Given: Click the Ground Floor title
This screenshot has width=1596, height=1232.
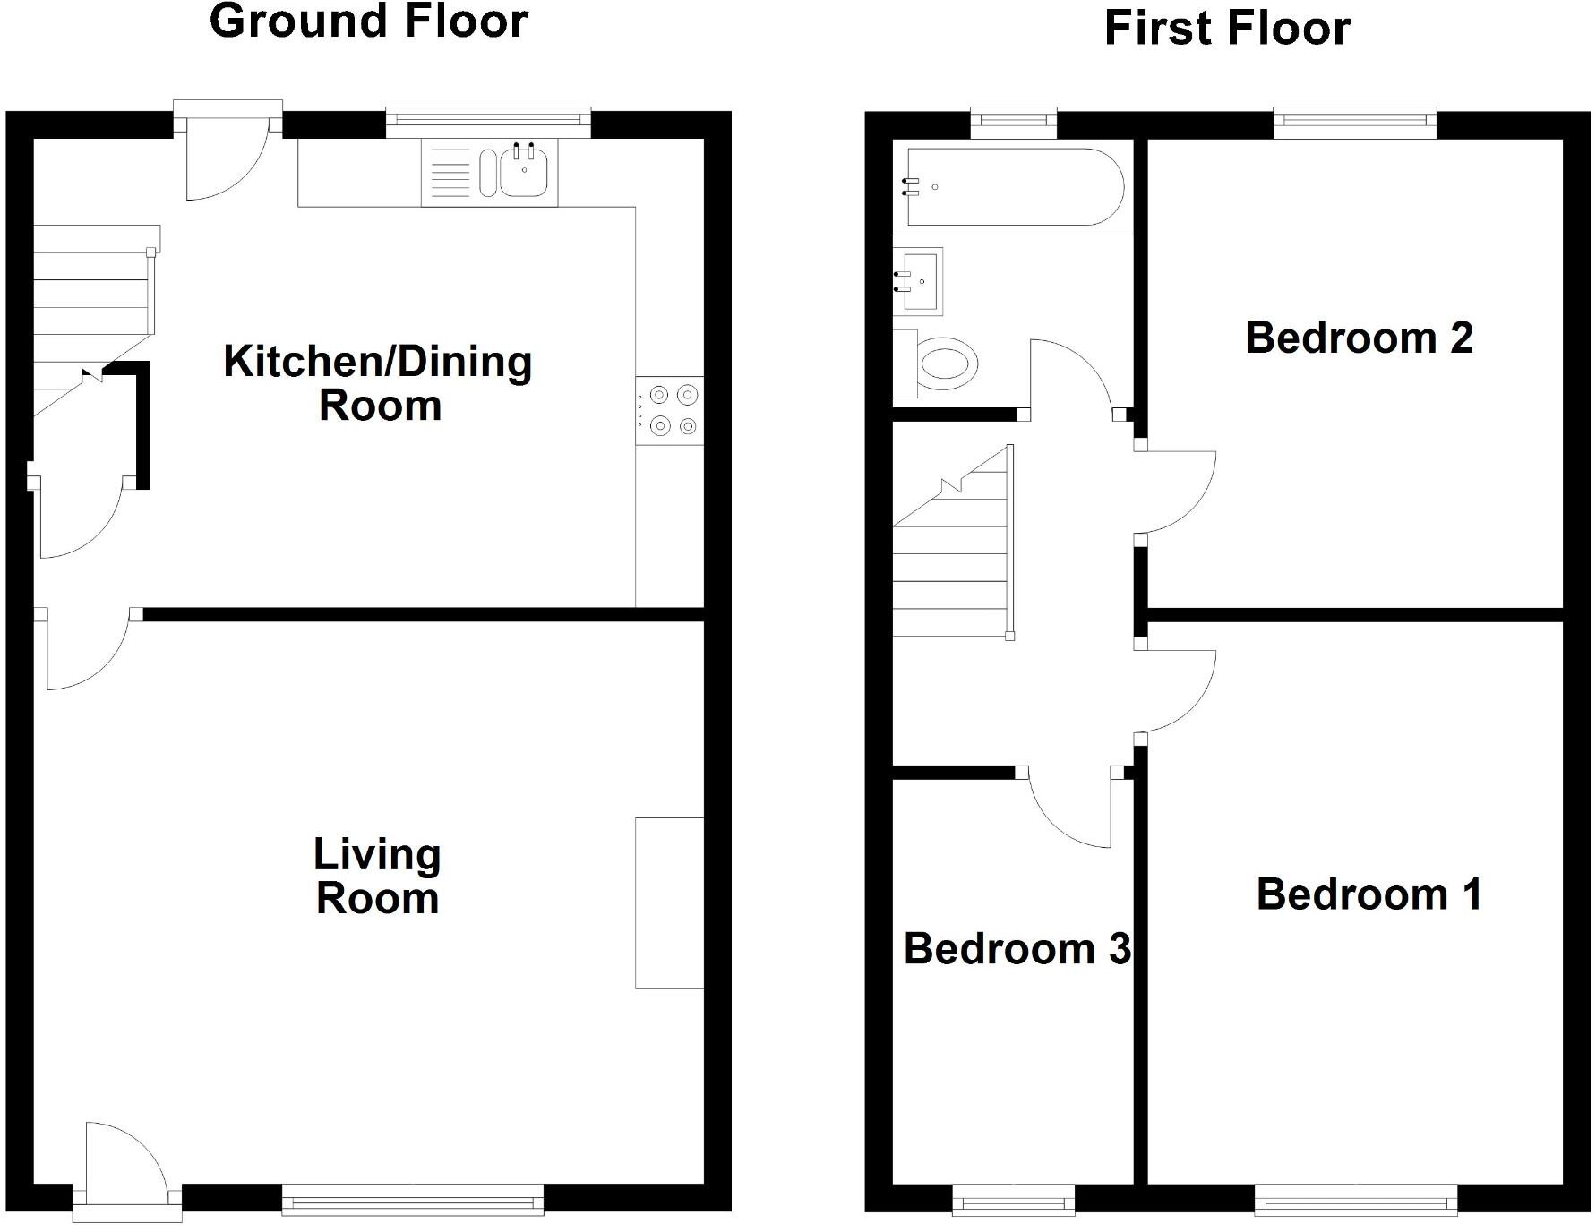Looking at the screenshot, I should [x=368, y=21].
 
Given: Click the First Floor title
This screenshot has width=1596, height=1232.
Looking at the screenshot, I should [x=1227, y=28].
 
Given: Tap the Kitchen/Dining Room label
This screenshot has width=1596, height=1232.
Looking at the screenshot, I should [x=378, y=383].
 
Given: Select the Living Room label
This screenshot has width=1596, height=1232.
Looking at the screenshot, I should [x=377, y=877].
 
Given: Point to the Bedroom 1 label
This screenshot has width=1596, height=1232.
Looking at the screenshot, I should [x=1369, y=894].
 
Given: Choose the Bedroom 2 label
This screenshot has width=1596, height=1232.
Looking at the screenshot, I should [x=1359, y=338].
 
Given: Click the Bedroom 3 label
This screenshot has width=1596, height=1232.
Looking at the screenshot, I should [x=1017, y=949].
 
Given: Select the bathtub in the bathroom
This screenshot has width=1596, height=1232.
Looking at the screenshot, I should [x=1014, y=187].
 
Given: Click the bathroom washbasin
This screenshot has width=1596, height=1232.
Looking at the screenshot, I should [x=921, y=281].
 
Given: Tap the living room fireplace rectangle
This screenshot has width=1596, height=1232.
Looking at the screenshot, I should [x=669, y=903].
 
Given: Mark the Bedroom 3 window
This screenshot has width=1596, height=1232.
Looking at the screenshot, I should [x=1013, y=1200].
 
